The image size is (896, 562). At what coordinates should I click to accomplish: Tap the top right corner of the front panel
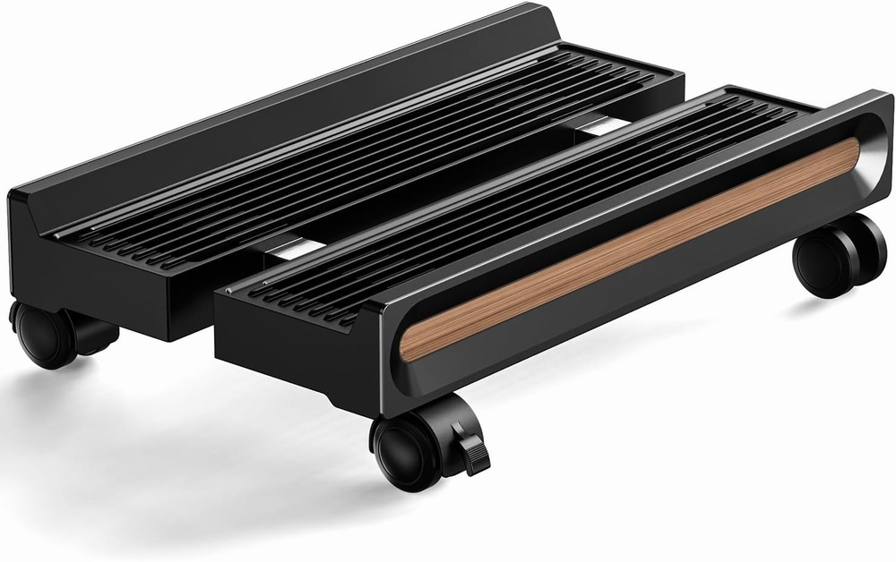click(883, 98)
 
